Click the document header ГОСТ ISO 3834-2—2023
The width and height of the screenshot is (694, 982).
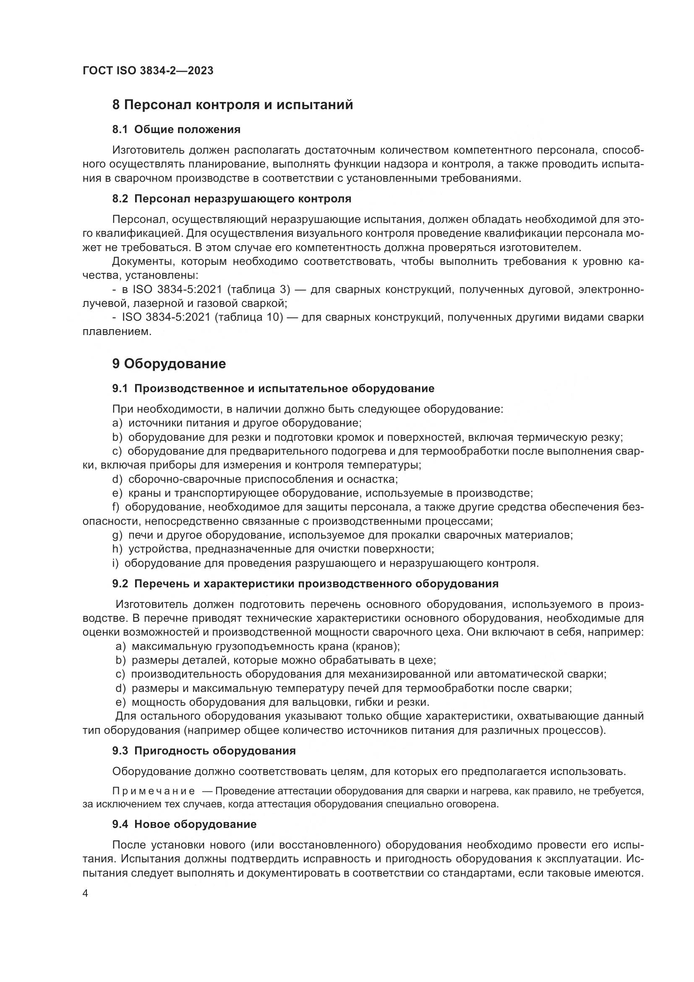point(148,71)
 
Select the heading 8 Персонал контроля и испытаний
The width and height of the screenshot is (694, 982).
point(232,105)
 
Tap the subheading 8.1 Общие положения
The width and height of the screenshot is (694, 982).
point(176,129)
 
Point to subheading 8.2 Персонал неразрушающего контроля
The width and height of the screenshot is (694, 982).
point(232,199)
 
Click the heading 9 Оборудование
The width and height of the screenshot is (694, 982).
point(169,364)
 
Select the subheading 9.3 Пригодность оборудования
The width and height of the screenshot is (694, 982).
point(204,751)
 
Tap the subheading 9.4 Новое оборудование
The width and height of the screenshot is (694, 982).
point(184,824)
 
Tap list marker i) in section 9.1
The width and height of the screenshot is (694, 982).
point(115,563)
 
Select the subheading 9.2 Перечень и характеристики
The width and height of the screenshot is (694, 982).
point(305,584)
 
